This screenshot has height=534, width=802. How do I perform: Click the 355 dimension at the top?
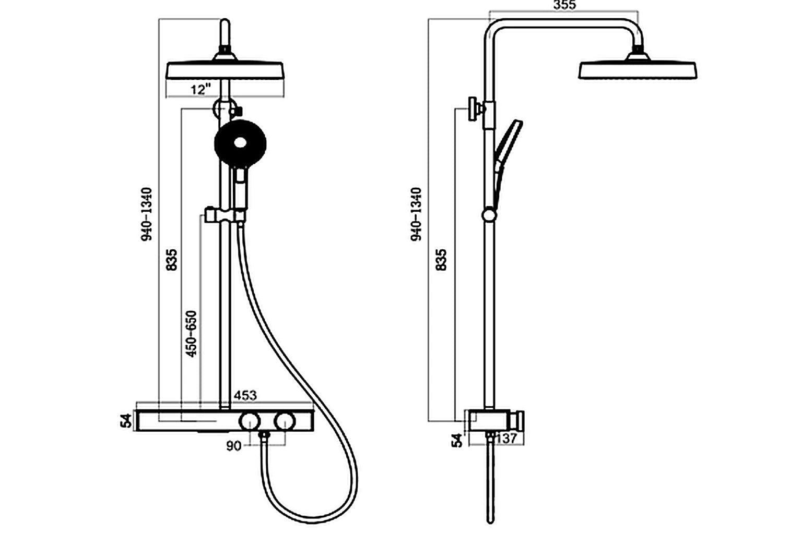coord(564,6)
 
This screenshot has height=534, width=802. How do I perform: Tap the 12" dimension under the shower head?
coord(200,89)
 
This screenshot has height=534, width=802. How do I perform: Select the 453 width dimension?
coord(245,395)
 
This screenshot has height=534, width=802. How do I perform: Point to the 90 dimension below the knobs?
coord(234,446)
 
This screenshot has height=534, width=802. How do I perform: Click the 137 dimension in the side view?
coord(506,439)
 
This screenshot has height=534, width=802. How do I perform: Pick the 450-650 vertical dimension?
coord(192,334)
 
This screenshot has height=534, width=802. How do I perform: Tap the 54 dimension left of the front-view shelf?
coord(126,420)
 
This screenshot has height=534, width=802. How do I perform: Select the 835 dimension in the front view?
coord(172,260)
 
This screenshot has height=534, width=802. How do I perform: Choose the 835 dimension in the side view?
coord(441,260)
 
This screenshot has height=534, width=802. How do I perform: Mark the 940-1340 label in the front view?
coord(148,214)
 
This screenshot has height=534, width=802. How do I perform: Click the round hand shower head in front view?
coord(240,142)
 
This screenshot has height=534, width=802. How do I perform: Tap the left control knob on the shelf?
coord(250,420)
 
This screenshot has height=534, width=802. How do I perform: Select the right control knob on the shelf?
coord(285,420)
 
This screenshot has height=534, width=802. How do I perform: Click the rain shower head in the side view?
coord(638,70)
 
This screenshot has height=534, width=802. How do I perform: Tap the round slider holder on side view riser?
coord(489,215)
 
